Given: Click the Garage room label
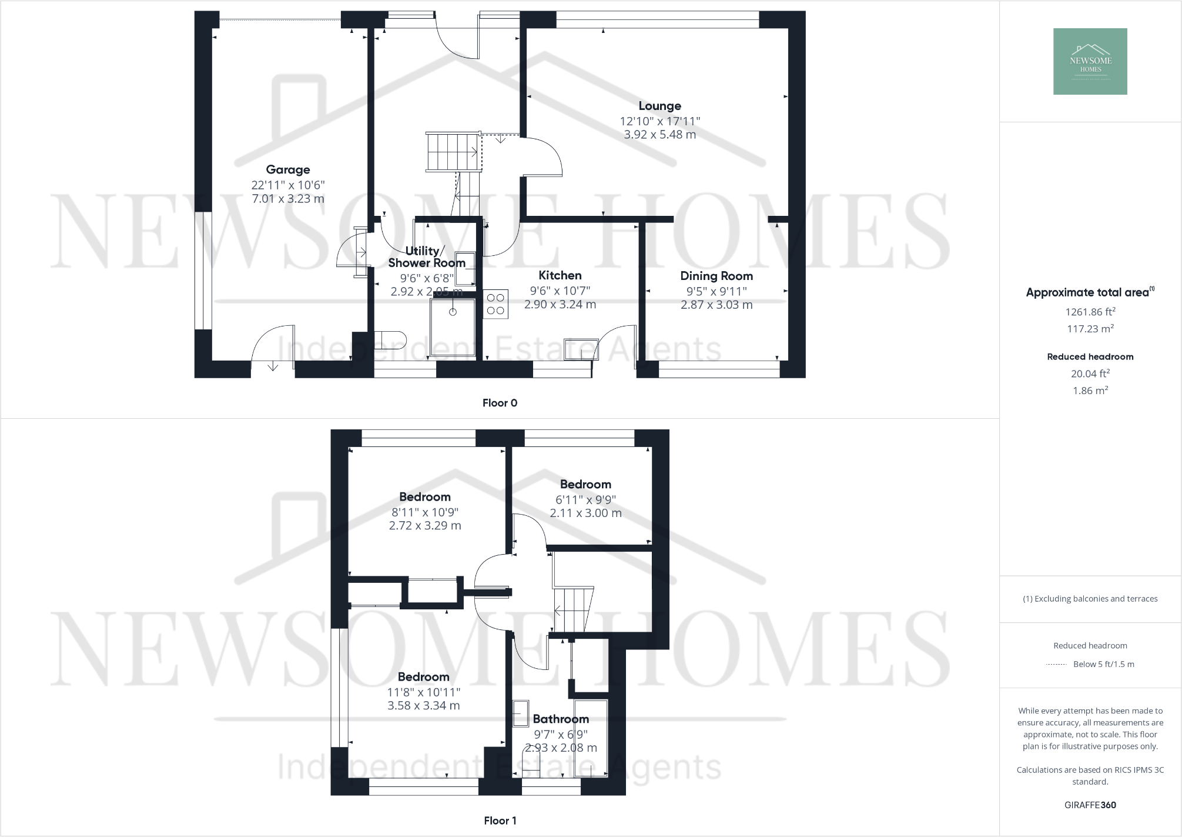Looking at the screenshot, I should tap(287, 170).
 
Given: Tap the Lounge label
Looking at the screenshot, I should tap(659, 106).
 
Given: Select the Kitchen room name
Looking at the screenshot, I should tap(560, 275).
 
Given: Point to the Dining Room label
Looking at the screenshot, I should tap(716, 276).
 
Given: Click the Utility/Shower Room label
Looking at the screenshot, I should tap(426, 257).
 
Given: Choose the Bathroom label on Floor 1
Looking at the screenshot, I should tap(560, 719).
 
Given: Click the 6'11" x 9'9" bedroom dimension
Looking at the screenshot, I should tap(585, 499).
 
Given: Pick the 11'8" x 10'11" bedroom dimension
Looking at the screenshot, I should tap(423, 692).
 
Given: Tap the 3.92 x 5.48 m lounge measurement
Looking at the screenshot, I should tap(659, 135).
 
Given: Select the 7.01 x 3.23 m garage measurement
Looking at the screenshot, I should tap(287, 199).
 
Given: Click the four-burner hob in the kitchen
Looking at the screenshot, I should tap(495, 304).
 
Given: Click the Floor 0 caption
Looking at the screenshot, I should tap(500, 403).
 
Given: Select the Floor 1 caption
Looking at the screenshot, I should tap(500, 821).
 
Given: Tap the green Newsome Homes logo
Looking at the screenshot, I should tap(1090, 62).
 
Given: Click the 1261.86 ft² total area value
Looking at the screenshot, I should tap(1090, 312).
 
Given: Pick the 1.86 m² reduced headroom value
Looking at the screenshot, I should tap(1090, 391).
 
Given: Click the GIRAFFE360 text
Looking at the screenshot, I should tap(1090, 805).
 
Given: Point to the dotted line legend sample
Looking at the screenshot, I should tap(1056, 665).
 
